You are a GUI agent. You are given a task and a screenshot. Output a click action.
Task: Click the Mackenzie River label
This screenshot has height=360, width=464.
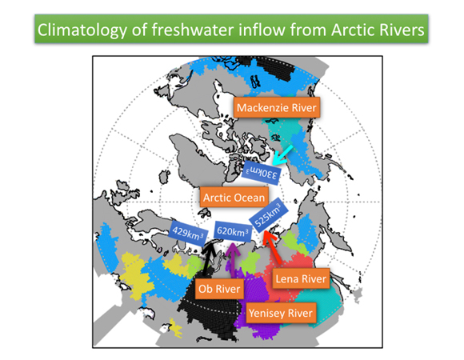pos(277,107)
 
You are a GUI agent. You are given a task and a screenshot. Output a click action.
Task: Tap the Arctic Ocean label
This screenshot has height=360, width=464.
pos(234,198)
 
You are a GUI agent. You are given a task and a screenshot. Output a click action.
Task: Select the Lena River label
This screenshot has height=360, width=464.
pos(301,278)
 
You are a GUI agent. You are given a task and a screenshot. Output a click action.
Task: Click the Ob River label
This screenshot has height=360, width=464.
pos(219,289)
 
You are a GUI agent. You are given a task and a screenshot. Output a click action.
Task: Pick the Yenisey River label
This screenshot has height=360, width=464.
pos(281,313)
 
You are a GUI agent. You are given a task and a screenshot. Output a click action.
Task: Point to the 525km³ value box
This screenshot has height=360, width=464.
pos(268,215)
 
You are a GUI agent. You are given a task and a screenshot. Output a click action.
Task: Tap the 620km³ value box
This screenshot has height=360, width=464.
pos(233,231)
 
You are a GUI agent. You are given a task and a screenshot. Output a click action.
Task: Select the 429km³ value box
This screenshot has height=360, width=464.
pos(188,233)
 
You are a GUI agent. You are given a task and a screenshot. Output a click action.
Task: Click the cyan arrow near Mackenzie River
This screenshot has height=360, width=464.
pos(282,155)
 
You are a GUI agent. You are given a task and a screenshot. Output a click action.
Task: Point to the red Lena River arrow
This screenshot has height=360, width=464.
pos(272,246)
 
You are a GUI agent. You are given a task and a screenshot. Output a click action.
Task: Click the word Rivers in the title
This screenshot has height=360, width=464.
pos(399,30)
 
